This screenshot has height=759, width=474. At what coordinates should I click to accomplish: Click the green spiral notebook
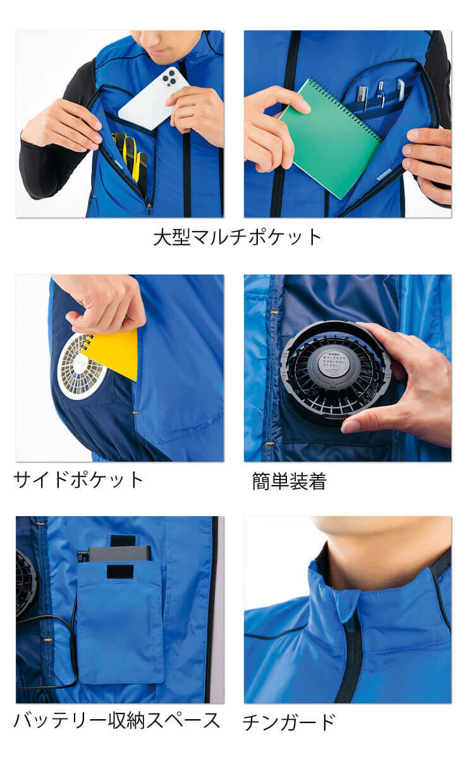[329, 140]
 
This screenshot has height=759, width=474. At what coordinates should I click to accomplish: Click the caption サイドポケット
[79, 479]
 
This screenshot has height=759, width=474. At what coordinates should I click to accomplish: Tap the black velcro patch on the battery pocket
[119, 572]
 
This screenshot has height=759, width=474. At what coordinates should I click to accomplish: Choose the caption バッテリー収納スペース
[117, 720]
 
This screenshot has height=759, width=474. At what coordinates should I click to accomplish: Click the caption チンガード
[289, 722]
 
